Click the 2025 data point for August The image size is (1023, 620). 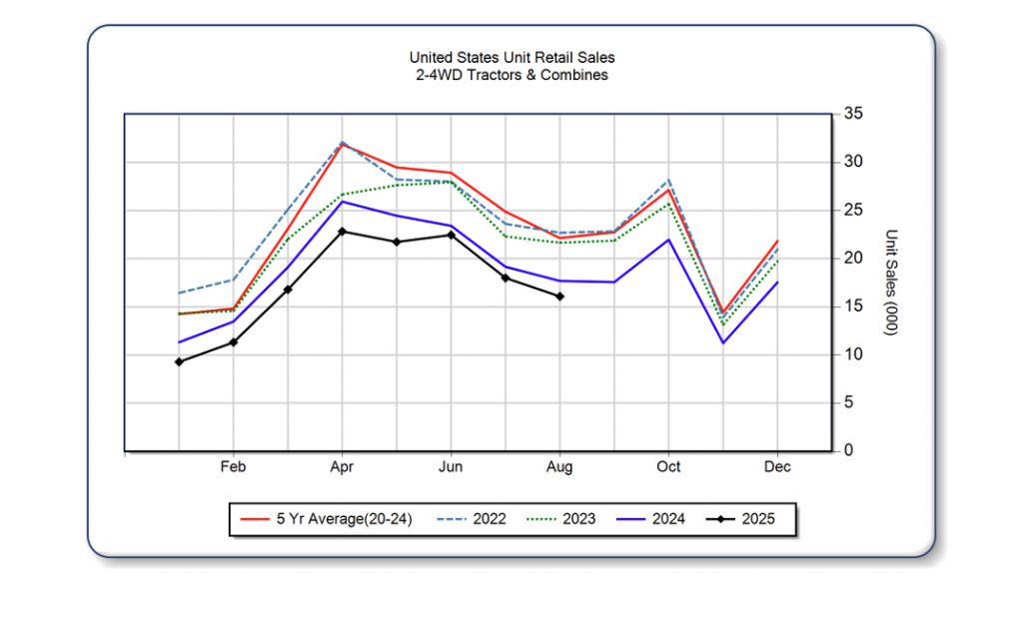[x=559, y=297]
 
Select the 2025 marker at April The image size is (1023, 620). [x=343, y=232]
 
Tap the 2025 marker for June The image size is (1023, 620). [x=451, y=235]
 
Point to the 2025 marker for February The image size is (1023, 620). [x=234, y=342]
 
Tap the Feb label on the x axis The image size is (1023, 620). [x=234, y=467]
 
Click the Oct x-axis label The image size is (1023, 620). [x=668, y=467]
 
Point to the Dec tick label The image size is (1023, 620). [x=777, y=467]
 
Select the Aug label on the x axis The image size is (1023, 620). [x=559, y=467]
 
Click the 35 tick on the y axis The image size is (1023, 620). [x=853, y=114]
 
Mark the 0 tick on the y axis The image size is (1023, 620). [x=849, y=451]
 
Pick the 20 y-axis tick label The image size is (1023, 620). [x=853, y=259]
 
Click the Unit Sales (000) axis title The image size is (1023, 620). [x=891, y=283]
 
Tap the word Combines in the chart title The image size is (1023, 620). [x=575, y=75]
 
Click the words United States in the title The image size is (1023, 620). [x=446, y=58]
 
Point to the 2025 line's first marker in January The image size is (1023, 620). [x=179, y=361]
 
